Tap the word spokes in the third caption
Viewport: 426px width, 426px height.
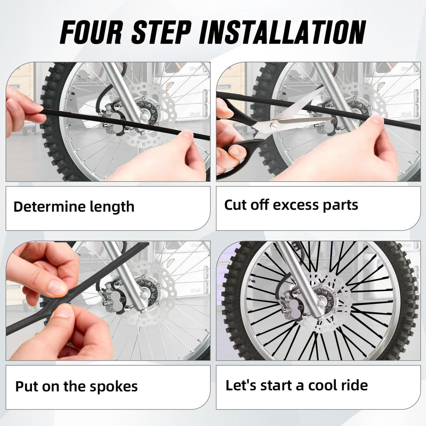click(115, 386)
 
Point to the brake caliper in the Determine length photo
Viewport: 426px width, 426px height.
click(113, 121)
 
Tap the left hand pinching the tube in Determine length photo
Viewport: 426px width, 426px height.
click(23, 110)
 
